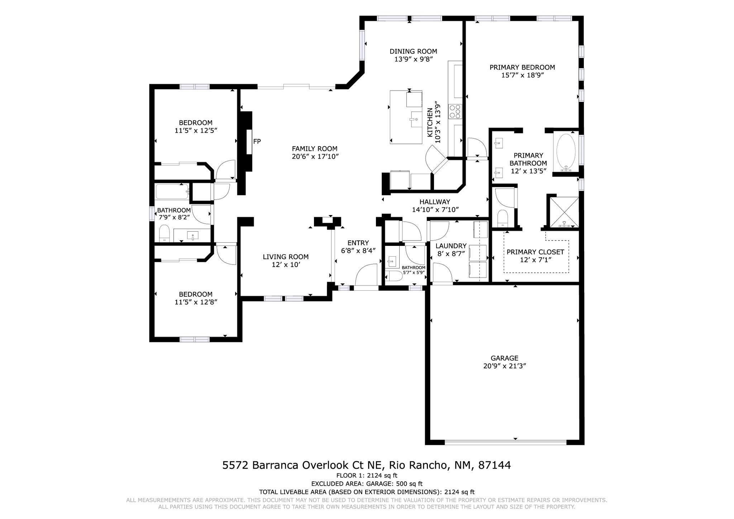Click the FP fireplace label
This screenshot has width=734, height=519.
[257, 142]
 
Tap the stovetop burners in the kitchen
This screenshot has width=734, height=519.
[455, 111]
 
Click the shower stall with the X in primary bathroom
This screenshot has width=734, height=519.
[564, 212]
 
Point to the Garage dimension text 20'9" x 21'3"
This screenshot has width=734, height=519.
[504, 366]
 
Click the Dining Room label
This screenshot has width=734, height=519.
[413, 51]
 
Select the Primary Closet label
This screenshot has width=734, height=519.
[535, 252]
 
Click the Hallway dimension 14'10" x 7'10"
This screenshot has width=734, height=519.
[435, 210]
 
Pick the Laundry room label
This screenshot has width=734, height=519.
[451, 246]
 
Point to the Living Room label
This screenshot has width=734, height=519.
[285, 257]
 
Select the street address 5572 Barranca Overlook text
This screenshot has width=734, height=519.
[366, 465]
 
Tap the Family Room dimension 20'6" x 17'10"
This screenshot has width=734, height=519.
[315, 157]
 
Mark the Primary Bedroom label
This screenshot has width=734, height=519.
[522, 67]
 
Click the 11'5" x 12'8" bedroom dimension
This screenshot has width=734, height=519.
[196, 302]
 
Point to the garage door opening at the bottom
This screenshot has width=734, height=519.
[505, 442]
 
